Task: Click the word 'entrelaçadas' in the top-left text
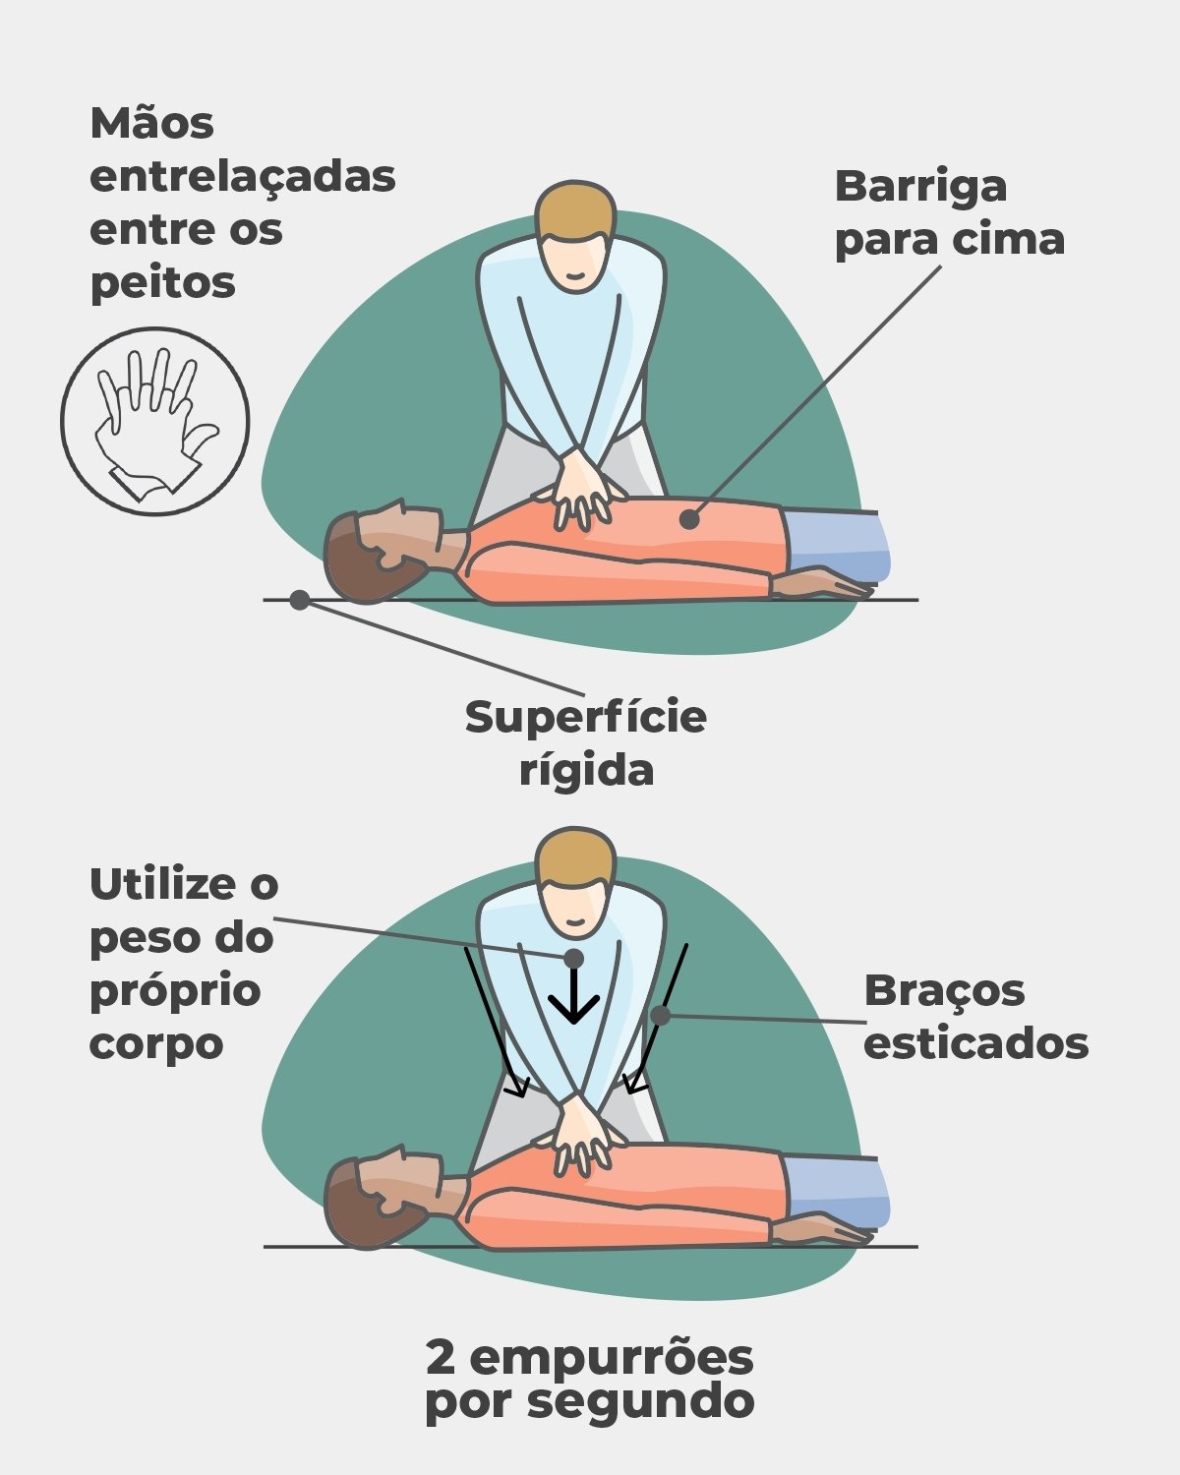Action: click(x=243, y=178)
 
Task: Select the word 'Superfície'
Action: click(x=585, y=719)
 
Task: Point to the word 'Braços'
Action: click(x=944, y=992)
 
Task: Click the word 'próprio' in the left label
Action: click(x=176, y=992)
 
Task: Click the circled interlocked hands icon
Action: click(x=155, y=421)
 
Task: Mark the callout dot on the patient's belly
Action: click(x=689, y=519)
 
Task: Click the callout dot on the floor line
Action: click(x=300, y=600)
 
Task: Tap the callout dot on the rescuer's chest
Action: click(x=573, y=958)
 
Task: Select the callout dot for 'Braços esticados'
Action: click(x=660, y=1016)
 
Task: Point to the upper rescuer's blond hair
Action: click(x=574, y=209)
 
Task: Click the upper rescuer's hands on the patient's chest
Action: click(x=583, y=490)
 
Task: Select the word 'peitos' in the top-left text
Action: click(x=162, y=283)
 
